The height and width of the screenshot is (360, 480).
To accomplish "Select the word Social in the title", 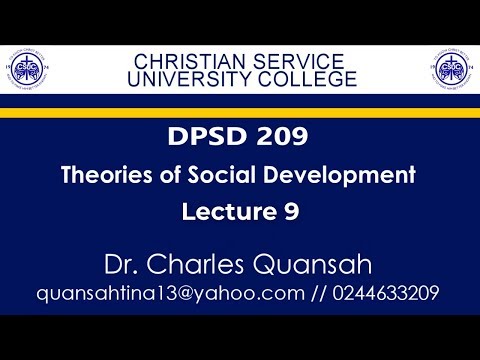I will pyautogui.click(x=254, y=176).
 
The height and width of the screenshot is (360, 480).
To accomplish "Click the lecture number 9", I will pyautogui.click(x=290, y=211).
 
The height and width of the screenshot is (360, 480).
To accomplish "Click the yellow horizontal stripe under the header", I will pyautogui.click(x=240, y=112).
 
